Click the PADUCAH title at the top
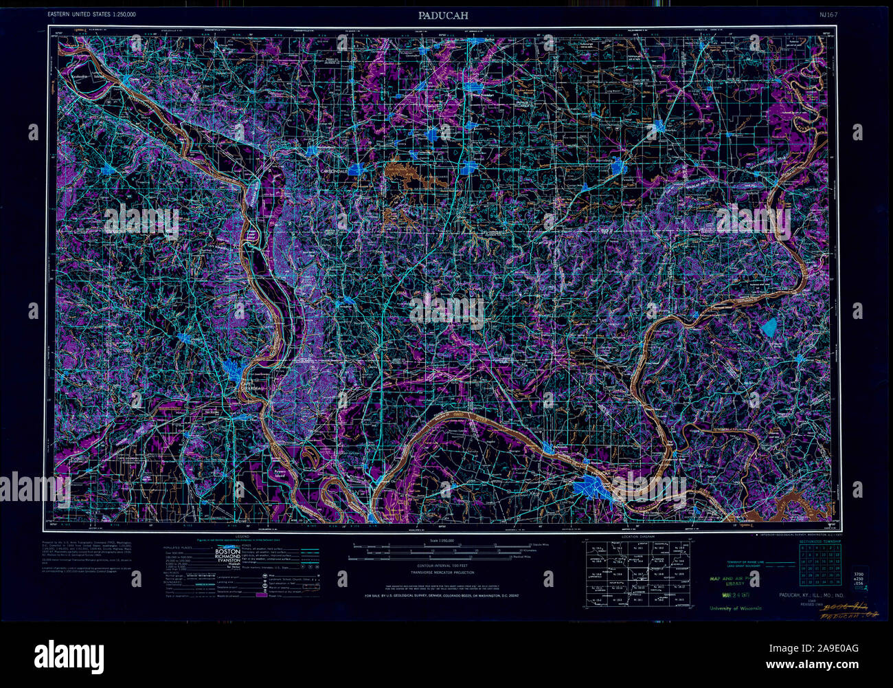point(447,15)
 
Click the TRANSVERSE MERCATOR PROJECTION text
point(447,572)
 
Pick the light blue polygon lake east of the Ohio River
point(770,328)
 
